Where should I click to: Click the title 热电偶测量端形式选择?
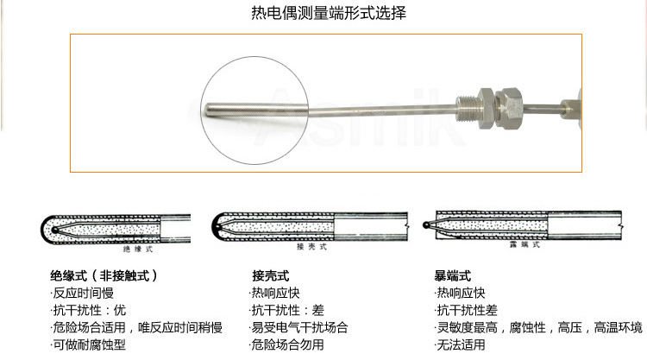(323, 14)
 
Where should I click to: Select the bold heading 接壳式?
(270, 276)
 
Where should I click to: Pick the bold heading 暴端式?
(453, 276)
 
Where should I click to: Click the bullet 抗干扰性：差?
(287, 311)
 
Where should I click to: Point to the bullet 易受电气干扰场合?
(300, 328)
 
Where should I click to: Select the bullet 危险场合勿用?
(287, 344)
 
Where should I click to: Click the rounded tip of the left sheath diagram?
(44, 229)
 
